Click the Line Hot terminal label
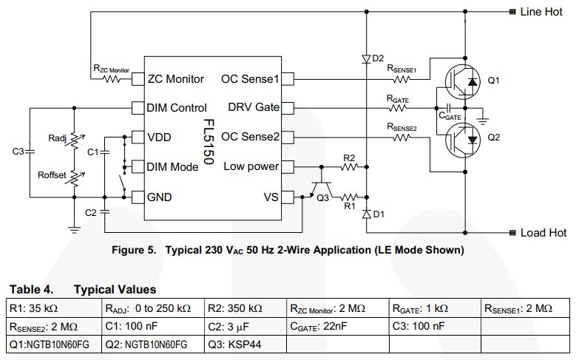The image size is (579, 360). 541,12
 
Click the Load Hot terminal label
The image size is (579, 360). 543,232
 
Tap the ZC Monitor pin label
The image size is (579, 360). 176,78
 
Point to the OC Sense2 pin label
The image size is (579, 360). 250,137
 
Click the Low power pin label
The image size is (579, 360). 251,166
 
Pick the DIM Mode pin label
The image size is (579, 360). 173,167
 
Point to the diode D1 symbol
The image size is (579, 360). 367,214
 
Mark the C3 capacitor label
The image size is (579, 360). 19,152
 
